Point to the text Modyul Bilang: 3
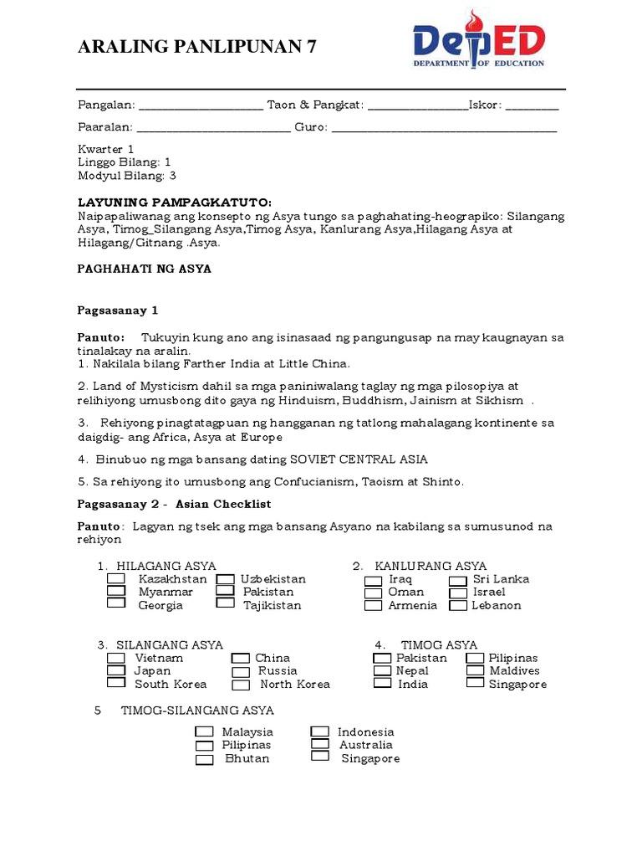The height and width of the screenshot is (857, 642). (127, 176)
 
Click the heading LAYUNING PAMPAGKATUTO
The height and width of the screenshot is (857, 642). (175, 203)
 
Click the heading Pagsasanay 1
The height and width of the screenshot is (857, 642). (118, 310)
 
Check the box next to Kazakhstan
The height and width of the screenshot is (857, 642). (116, 578)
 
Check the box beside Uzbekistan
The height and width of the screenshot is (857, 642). (225, 578)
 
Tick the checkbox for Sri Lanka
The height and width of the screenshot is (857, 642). (457, 579)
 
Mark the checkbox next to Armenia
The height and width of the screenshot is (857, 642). (373, 605)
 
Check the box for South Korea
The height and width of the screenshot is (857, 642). (116, 683)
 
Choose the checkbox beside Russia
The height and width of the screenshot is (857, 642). (241, 671)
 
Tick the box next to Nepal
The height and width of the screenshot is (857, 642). (382, 670)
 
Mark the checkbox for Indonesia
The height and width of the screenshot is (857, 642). (320, 731)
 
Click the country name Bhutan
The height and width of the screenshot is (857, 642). (247, 758)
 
